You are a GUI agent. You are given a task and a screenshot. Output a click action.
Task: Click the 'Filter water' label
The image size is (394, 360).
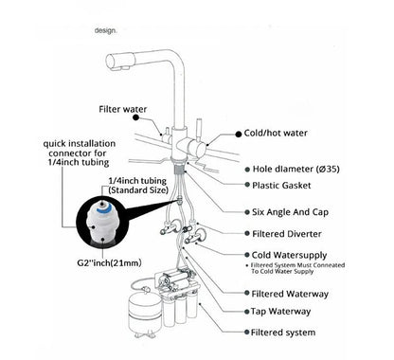(x=123, y=109)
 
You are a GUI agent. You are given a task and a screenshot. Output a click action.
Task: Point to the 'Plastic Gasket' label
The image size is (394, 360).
(x=281, y=186)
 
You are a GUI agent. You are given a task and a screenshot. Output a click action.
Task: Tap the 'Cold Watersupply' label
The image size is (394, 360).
(x=291, y=254)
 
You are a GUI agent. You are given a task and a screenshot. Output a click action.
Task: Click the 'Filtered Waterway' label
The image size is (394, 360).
(x=287, y=294)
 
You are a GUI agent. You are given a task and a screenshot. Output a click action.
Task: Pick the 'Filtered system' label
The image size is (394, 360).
(x=282, y=333)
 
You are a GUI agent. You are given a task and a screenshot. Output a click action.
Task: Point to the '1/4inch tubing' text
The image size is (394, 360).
(x=139, y=181)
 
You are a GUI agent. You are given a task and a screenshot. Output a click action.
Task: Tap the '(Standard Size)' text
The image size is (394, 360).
(x=139, y=191)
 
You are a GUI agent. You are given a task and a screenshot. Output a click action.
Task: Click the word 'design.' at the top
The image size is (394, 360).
(x=106, y=31)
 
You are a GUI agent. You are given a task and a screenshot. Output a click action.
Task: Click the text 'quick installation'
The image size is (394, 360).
(x=75, y=144)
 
